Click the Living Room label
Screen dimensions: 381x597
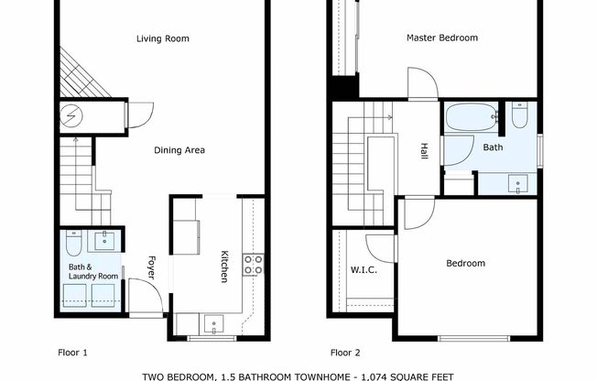162,38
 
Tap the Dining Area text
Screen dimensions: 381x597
179,150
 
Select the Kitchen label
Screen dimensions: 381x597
223,267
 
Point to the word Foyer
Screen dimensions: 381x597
151,267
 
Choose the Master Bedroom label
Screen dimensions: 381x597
442,38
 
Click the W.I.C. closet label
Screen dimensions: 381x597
364,270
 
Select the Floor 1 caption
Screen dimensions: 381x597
72,352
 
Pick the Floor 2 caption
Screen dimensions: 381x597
345,352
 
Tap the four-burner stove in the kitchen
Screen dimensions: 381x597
253,265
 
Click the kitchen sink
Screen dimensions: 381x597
212,322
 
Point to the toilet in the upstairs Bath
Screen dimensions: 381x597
520,115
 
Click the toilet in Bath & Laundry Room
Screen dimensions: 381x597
74,242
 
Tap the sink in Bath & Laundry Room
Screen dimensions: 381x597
103,240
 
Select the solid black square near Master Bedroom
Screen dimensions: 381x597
344,88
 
